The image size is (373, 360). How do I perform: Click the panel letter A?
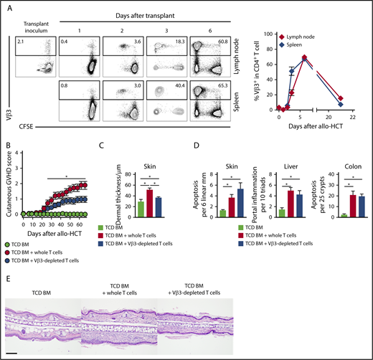(6, 5)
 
